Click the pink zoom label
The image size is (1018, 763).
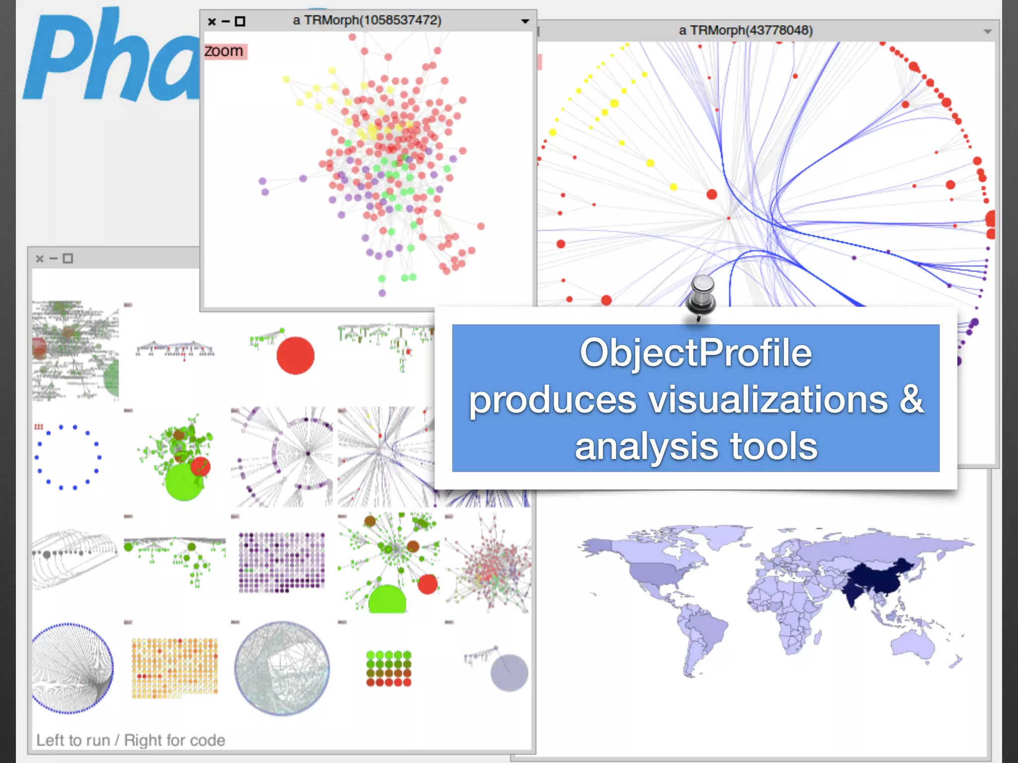225,51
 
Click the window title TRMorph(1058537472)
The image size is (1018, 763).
367,20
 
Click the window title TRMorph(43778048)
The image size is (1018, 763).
746,30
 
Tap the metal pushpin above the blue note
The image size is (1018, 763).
701,295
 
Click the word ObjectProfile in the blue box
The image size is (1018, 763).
695,353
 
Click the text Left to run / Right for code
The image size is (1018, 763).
131,740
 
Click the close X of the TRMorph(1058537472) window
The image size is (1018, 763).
212,21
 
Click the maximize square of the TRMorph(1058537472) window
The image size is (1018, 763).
240,21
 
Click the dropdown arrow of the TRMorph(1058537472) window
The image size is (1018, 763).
525,21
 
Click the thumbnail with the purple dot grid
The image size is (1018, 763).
281,562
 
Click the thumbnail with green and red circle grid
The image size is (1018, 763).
389,669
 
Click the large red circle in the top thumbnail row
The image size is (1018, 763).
295,355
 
